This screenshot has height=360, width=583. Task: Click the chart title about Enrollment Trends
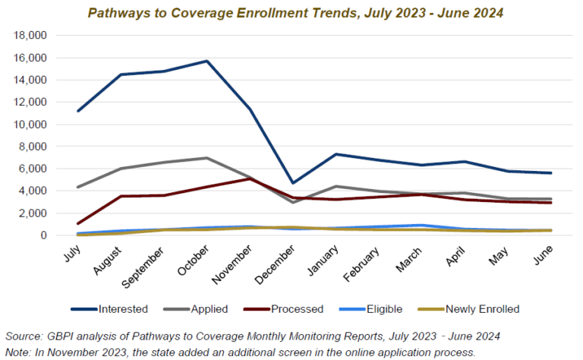(295, 13)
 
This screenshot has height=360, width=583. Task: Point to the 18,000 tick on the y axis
(32, 36)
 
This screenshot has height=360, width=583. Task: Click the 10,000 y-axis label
(32, 125)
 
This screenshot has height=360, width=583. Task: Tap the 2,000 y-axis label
(34, 213)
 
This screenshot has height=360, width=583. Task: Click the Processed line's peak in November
(251, 178)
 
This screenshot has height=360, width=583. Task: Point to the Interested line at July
(79, 111)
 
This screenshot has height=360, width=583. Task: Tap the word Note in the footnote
(19, 352)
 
